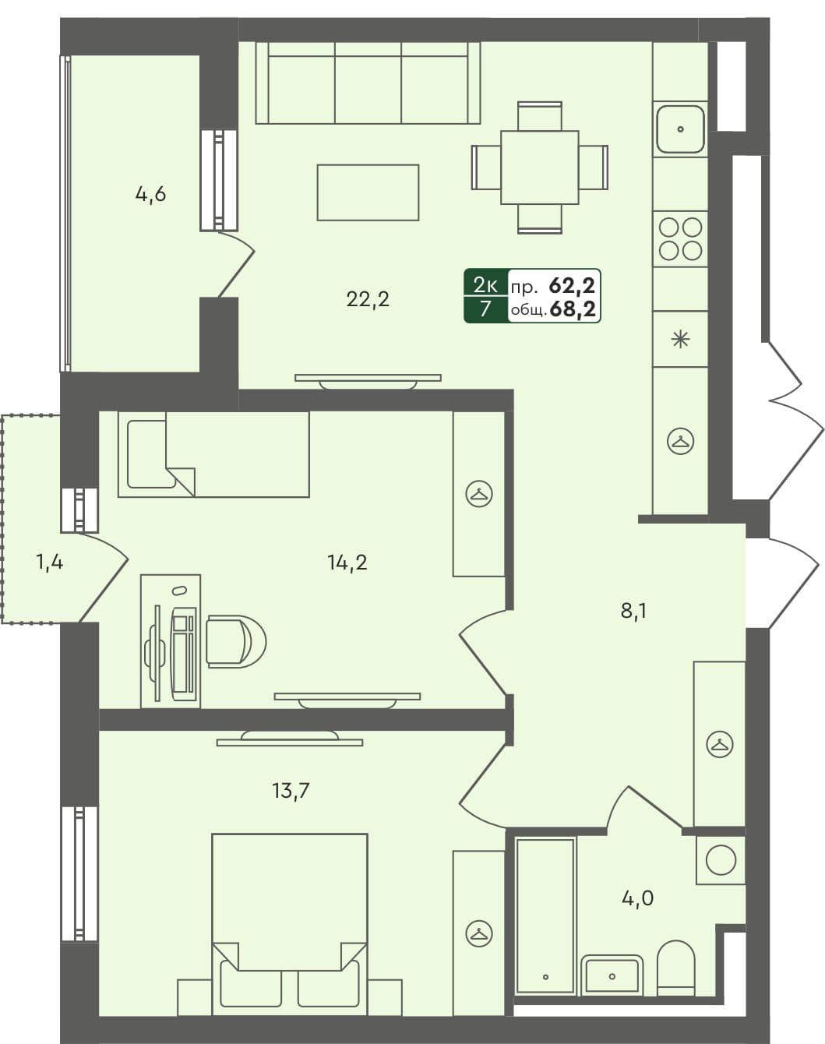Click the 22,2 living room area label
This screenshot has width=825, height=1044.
pos(367,298)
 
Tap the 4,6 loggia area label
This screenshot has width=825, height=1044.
pos(150,194)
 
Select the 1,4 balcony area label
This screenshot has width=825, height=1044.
pos(49,561)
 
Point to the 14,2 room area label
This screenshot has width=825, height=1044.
pos(347,562)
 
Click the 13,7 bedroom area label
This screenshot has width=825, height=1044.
pos(291,792)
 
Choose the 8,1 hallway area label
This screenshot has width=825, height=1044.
pos(633,611)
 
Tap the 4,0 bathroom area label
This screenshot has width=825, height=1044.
pos(636,898)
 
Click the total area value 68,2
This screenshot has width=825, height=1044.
pos(573,309)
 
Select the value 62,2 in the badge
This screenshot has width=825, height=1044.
pos(573,285)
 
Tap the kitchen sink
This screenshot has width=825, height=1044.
pos(680,129)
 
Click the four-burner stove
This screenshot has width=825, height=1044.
pos(680,238)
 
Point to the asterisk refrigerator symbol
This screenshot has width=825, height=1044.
pos(680,339)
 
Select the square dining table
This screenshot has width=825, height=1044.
pos(539,167)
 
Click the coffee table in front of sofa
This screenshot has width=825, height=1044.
pos(368,192)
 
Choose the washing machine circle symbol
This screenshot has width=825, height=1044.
pos(720,861)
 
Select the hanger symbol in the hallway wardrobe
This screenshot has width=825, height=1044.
pos(719,744)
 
